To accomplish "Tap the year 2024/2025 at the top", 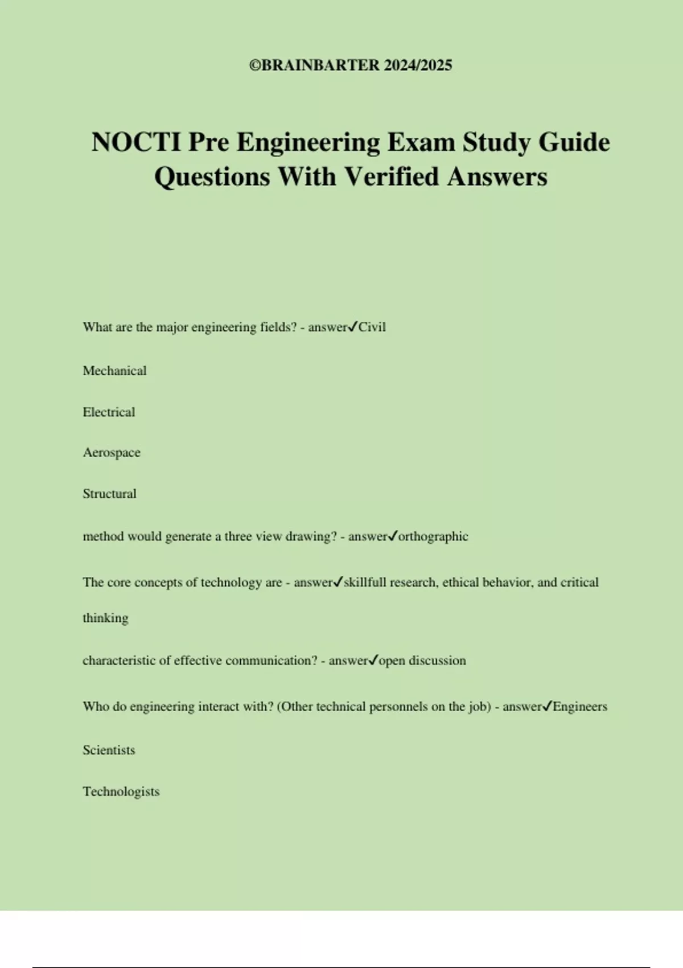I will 418,65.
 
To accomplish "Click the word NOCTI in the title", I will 135,142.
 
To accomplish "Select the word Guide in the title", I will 574,142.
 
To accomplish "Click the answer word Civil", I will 372,327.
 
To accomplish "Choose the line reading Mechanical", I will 114,371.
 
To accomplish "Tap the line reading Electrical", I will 109,412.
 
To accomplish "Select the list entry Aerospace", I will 112,453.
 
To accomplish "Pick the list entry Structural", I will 109,494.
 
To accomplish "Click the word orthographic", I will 433,536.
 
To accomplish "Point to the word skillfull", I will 365,583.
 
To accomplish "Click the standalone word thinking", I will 105,618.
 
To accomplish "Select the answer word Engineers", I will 580,707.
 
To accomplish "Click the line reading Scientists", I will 109,750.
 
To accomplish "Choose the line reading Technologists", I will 121,791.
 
